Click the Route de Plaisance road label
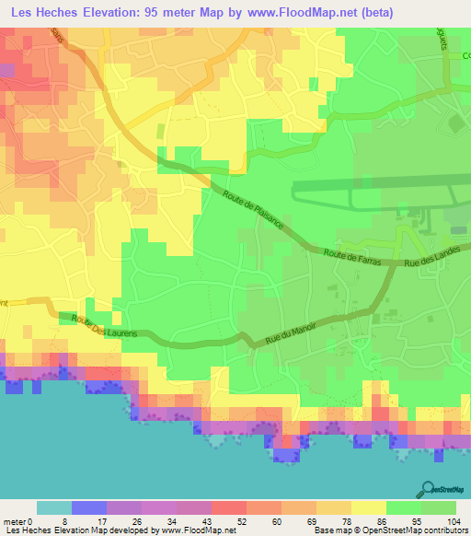(x=253, y=211)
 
